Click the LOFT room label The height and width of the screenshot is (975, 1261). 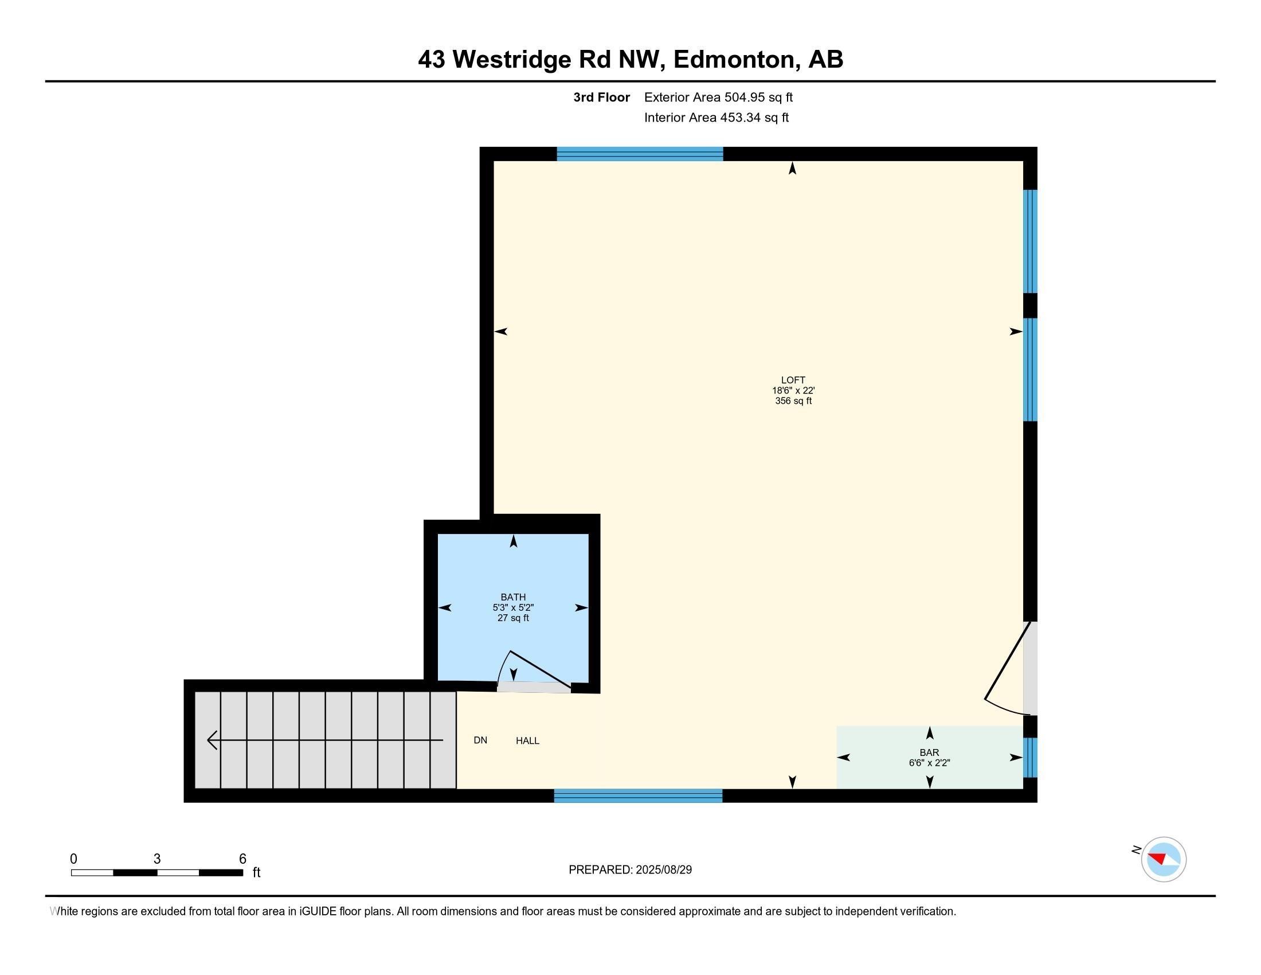[793, 380]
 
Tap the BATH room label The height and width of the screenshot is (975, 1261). [513, 597]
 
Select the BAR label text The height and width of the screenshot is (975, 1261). [929, 752]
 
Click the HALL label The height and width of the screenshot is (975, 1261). [527, 740]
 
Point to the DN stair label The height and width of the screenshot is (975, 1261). [480, 740]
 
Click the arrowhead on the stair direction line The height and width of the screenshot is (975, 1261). [212, 740]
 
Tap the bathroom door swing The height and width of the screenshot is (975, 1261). [535, 670]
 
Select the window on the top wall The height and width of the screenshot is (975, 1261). [639, 154]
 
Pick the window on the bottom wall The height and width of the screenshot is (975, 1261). [638, 795]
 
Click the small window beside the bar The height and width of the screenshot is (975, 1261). [1030, 757]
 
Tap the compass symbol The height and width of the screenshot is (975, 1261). [1163, 859]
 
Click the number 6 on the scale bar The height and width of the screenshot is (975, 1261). [242, 859]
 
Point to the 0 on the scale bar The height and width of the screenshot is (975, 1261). [73, 859]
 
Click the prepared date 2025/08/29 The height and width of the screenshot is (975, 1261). [663, 870]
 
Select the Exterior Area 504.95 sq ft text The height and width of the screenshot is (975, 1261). [718, 97]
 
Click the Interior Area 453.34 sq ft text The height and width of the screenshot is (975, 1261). [716, 117]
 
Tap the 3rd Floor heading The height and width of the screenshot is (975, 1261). [601, 97]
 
